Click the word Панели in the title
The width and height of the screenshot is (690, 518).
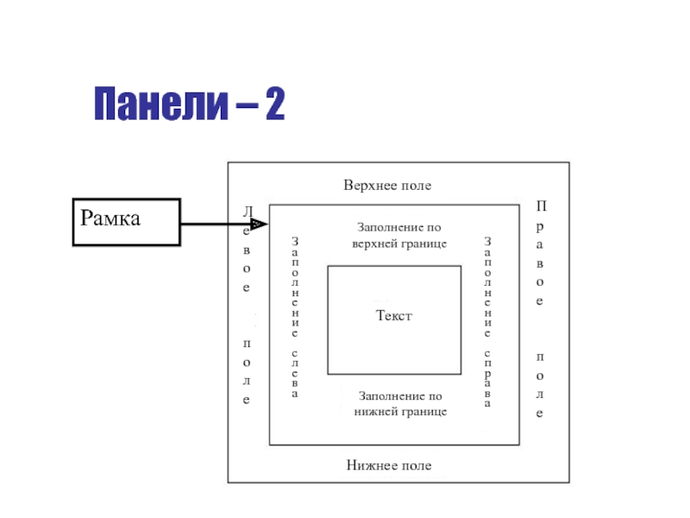coord(161,104)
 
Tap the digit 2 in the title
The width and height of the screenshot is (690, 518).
coord(275,104)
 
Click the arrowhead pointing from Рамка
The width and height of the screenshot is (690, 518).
coord(260,224)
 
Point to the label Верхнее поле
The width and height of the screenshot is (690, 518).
coord(387,186)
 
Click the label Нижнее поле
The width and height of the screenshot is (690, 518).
coord(389,465)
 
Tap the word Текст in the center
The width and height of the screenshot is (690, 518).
coord(394,315)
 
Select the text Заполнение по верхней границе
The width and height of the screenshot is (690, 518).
coord(399,235)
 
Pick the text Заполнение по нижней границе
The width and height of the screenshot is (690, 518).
coord(400,403)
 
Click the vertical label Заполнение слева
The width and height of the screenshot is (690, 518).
coord(295,317)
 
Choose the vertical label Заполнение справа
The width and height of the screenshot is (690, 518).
coord(487,321)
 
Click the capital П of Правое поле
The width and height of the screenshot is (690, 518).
coord(542,205)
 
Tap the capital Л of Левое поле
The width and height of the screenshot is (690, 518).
coord(248,212)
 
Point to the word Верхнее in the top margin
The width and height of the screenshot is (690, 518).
coord(366,186)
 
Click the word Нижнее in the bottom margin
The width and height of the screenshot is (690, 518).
coord(368,465)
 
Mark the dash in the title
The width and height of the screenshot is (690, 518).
coord(247,105)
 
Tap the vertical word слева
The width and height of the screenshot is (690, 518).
coord(295,374)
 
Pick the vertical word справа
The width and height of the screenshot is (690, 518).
coord(487,379)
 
